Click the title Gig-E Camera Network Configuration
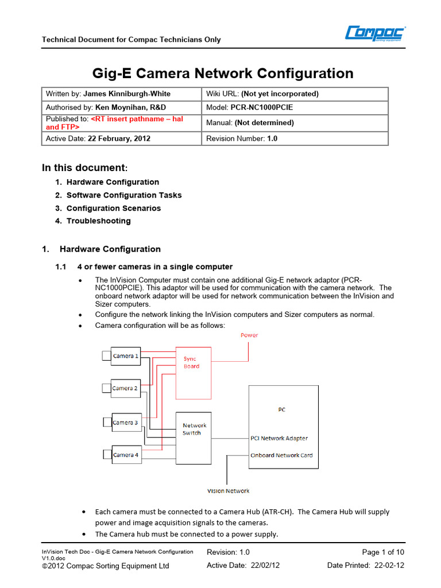pos(223,73)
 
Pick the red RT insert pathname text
pos(137,119)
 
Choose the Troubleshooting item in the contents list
pos(98,221)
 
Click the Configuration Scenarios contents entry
pos(113,208)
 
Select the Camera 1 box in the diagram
pos(125,356)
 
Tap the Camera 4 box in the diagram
pos(125,455)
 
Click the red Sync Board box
pos(192,373)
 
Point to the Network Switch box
pos(194,438)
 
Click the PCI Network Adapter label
pos(279,438)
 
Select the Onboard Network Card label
pos(281,455)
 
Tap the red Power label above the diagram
pos(249,335)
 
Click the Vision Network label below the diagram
pos(228,491)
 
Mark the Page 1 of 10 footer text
pos(384,552)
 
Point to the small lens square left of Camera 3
pos(106,423)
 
